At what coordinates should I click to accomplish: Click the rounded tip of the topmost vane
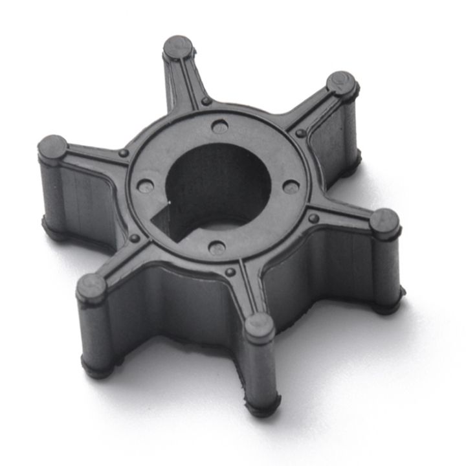click(x=178, y=47)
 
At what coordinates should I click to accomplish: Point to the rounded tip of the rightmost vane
click(x=385, y=222)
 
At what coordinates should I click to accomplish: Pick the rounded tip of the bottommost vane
click(x=260, y=326)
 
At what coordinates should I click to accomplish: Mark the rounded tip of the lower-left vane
click(x=91, y=286)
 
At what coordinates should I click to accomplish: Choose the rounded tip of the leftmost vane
click(x=52, y=148)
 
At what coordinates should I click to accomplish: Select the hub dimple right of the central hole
click(x=293, y=187)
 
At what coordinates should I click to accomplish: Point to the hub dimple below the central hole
click(x=219, y=247)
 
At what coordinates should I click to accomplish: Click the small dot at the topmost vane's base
click(x=206, y=102)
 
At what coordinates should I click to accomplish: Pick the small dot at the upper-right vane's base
click(x=301, y=133)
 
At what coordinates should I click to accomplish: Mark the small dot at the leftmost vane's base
click(x=123, y=153)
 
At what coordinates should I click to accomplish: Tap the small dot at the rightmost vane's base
click(x=314, y=219)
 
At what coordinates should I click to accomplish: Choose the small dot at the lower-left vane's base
click(x=135, y=239)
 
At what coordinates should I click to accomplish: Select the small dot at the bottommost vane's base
click(x=230, y=272)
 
